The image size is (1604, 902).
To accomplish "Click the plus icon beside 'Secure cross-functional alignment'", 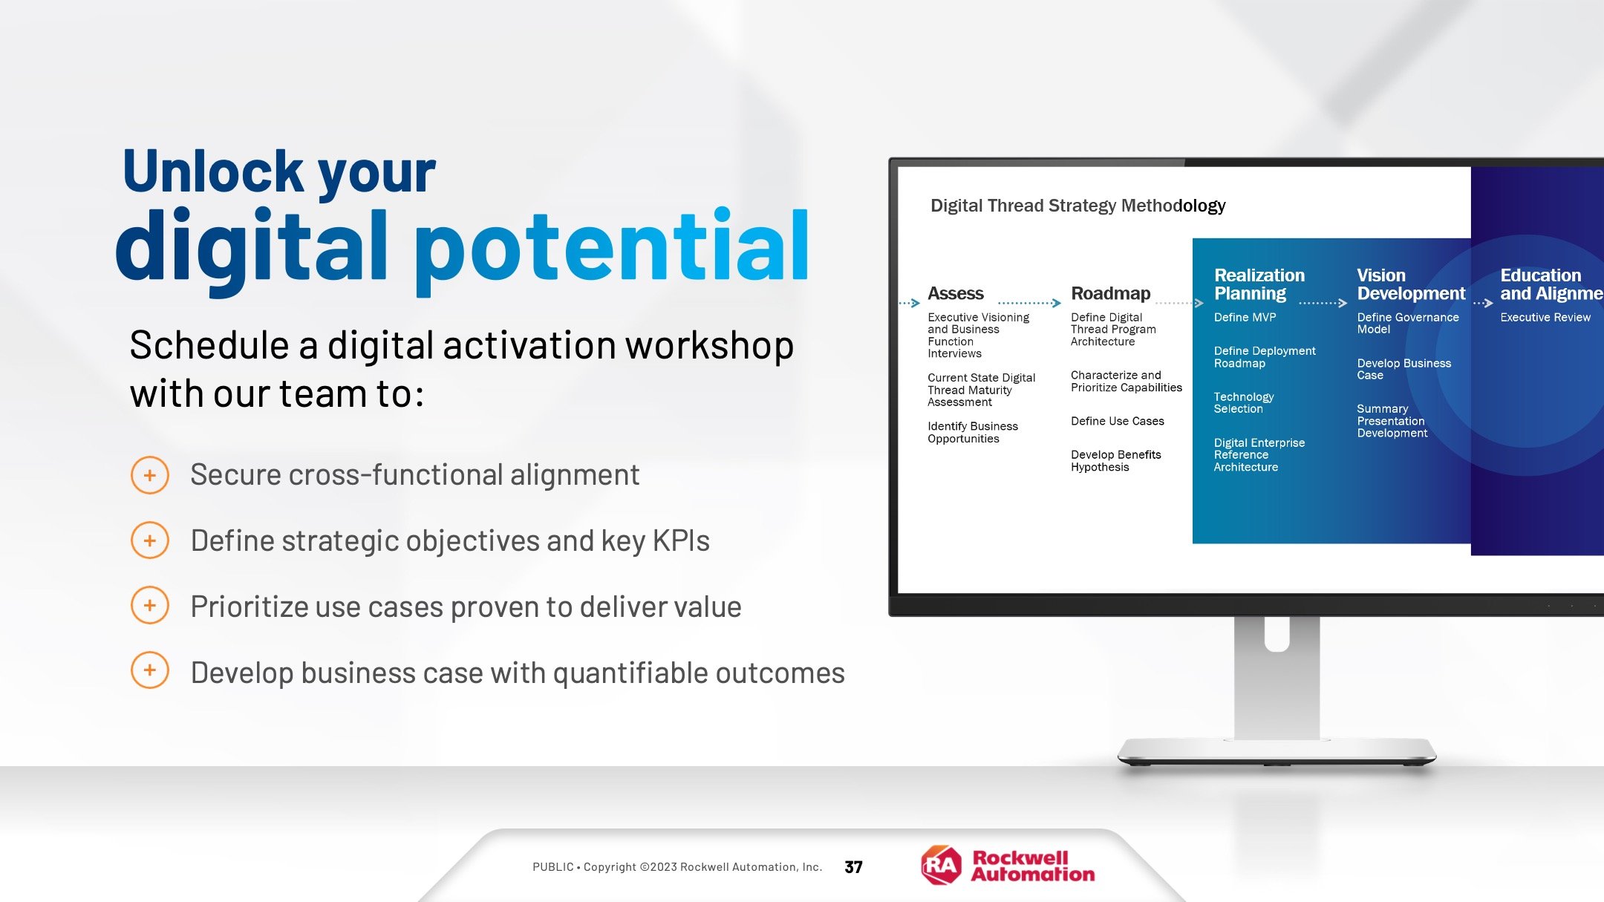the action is [x=150, y=475].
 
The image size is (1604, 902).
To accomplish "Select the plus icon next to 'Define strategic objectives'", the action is [x=150, y=540].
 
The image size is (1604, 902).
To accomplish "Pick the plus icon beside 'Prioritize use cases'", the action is [x=150, y=606].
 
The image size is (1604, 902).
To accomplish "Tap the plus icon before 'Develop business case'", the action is [x=150, y=670].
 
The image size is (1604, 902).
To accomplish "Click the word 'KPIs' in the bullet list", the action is [x=681, y=540].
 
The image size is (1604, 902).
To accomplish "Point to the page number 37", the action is [x=854, y=867].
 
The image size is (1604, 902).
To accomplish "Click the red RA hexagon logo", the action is [x=941, y=865].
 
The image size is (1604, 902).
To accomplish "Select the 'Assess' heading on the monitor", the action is [x=956, y=294].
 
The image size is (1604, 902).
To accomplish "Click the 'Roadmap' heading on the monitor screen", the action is [x=1111, y=294].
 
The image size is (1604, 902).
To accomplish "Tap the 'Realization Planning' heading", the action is [x=1259, y=284].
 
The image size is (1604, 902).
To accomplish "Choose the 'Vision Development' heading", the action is [x=1411, y=284].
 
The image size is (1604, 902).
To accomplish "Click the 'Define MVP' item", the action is [x=1245, y=317].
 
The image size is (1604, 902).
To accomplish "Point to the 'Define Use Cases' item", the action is [x=1118, y=421].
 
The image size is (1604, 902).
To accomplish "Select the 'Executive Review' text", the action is [x=1545, y=317].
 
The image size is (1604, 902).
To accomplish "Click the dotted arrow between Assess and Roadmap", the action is [x=1030, y=303].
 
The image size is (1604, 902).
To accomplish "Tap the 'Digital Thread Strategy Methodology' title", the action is [x=1078, y=206].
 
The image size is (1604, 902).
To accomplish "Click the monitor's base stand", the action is [x=1277, y=751].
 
